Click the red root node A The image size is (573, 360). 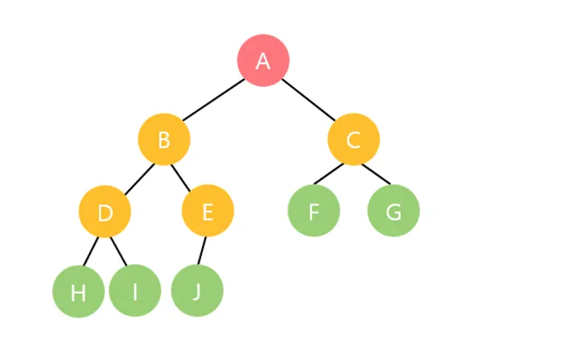pos(263,60)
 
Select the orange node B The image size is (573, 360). pos(164,140)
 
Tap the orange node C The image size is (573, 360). pos(353,140)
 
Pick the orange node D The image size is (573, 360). pos(105,212)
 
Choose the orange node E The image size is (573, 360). pos(208,212)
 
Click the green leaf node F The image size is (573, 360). pos(314,211)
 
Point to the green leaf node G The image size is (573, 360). pos(394,211)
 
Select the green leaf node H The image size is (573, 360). pos(78,292)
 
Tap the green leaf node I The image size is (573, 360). pos(135,292)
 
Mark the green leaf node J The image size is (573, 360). pos(197,291)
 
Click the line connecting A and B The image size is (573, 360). pos(214,100)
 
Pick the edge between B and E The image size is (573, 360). pos(183,176)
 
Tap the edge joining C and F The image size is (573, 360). pos(328,174)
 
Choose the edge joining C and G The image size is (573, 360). pos(375,174)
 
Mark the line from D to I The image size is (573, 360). pos(120,251)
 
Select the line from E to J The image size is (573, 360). pos(203,250)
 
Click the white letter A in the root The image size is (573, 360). pos(263,61)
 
